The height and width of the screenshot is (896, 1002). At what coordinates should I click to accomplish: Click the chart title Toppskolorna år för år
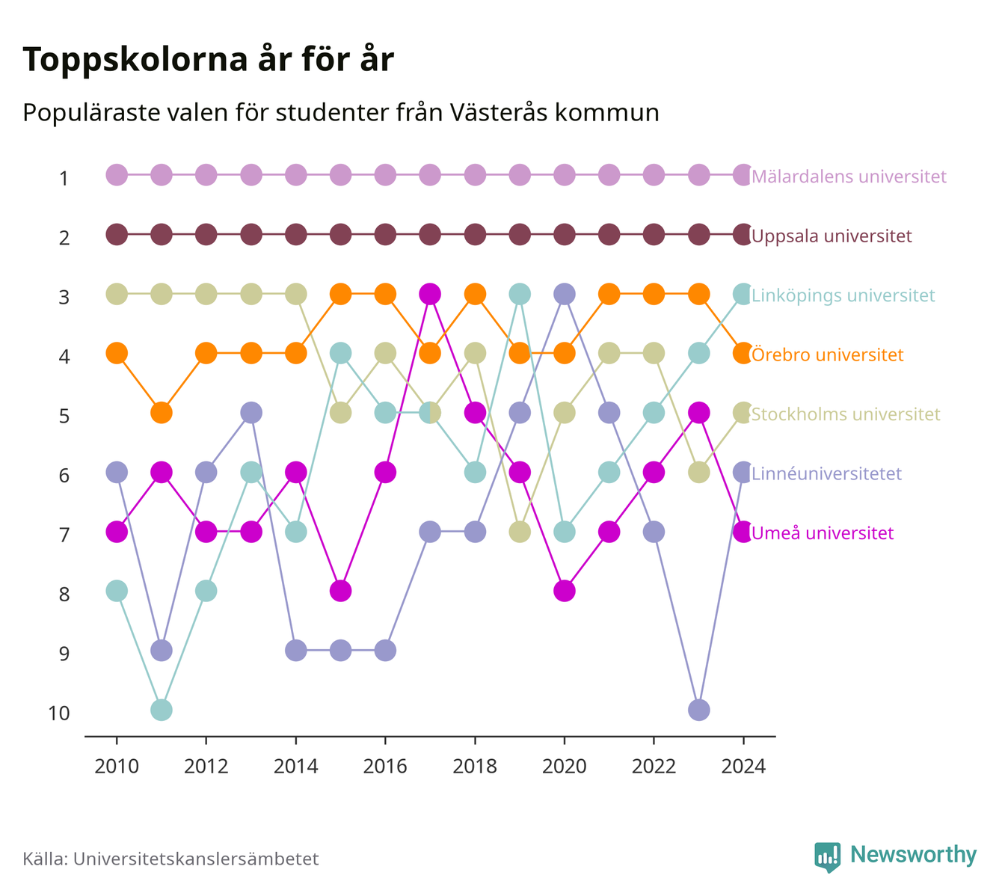pos(208,60)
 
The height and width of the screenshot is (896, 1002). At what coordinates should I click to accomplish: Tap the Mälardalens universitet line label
pos(849,176)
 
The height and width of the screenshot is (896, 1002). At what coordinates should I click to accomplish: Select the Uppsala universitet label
pos(832,236)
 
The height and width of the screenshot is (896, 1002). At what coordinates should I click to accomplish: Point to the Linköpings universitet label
pos(843,295)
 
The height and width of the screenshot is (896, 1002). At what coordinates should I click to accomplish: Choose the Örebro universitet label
pos(828,355)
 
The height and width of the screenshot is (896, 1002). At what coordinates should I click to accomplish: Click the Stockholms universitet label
pos(846,414)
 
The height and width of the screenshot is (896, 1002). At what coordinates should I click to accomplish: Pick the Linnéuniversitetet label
pos(826,473)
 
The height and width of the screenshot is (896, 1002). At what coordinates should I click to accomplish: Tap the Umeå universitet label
pos(823,533)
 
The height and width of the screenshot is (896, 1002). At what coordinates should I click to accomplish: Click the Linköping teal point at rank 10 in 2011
pos(162,710)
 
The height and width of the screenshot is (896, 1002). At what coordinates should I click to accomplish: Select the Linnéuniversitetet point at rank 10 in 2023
pos(698,710)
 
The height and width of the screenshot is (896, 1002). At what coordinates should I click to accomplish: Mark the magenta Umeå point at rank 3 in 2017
pos(430,294)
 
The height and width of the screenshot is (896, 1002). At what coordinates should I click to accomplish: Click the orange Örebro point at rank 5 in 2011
pos(162,413)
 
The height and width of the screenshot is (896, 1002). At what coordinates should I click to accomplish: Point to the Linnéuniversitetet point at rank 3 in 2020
pos(565,294)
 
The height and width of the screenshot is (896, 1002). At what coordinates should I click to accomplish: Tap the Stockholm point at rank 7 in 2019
pos(519,532)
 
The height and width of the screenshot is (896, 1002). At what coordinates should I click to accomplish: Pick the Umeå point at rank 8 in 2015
pos(340,591)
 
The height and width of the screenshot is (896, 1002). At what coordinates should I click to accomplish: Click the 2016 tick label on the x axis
pos(385,767)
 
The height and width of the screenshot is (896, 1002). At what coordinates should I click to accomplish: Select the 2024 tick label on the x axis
pos(743,767)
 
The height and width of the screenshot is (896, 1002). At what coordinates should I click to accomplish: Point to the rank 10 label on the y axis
pos(59,714)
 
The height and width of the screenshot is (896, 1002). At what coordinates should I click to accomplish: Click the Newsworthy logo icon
pos(828,857)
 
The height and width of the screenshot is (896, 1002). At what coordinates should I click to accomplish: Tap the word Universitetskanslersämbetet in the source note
pos(196,859)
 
